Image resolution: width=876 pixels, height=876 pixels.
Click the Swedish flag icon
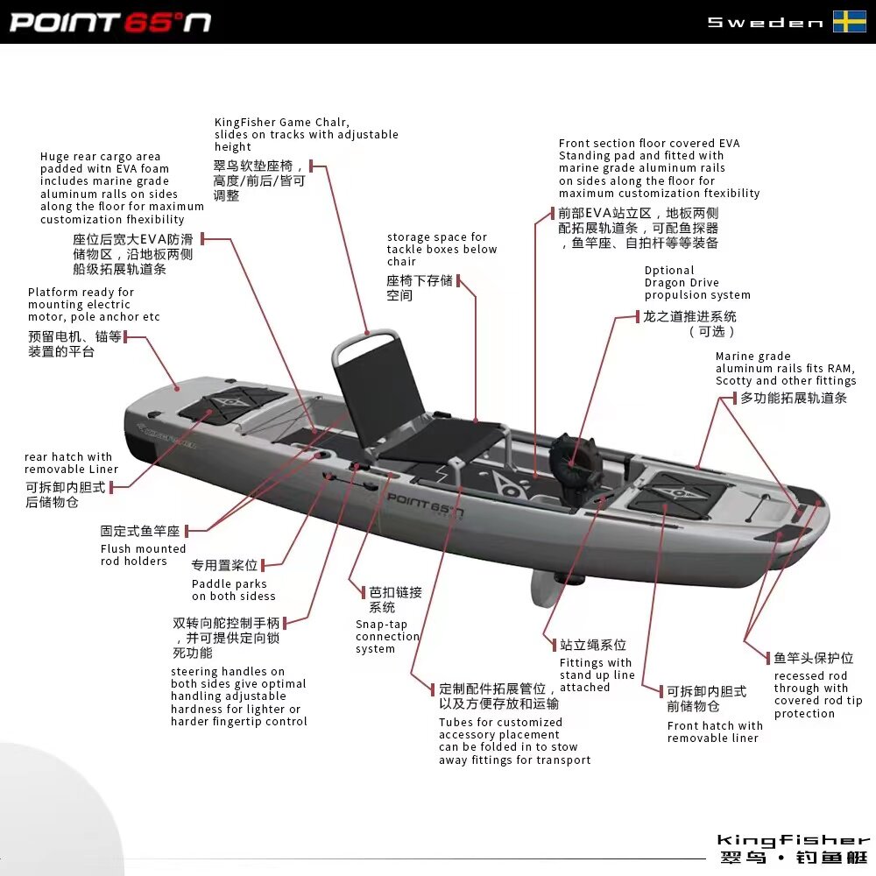click(x=849, y=22)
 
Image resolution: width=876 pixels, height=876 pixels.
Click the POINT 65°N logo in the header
click(x=110, y=22)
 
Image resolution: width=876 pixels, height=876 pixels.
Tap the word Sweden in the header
click(x=765, y=23)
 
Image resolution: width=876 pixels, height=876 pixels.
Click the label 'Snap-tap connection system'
click(x=387, y=637)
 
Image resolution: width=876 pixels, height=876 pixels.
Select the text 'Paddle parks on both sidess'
click(x=233, y=590)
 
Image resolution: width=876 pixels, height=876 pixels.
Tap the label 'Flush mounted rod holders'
click(x=143, y=555)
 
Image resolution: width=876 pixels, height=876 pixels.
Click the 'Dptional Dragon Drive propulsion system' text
click(x=697, y=283)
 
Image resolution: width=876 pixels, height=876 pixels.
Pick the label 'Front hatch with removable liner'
click(x=715, y=731)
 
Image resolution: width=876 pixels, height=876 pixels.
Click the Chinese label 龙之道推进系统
click(x=689, y=316)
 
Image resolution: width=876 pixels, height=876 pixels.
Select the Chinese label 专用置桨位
click(x=224, y=566)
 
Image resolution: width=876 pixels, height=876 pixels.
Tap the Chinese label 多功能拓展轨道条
click(x=794, y=399)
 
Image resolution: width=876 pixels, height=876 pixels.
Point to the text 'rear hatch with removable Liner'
click(x=71, y=463)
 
